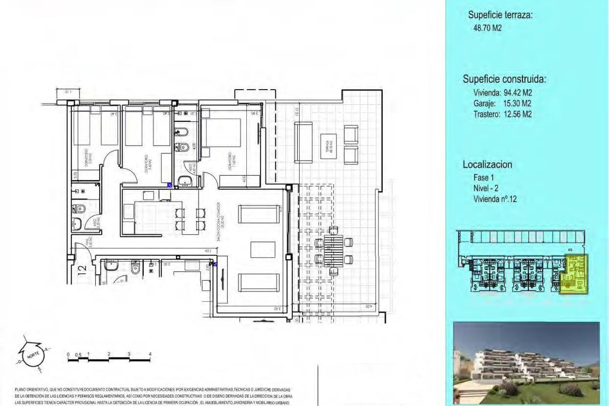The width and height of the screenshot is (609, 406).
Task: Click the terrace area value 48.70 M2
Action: coord(487,28)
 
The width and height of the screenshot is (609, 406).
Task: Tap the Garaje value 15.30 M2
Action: coord(517,103)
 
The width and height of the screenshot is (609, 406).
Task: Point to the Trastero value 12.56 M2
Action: coord(517,114)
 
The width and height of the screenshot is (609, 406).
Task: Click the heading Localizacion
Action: coord(487,165)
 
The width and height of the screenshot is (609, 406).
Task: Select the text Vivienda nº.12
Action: coord(495,199)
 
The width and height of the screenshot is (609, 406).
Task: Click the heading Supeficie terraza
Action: coord(500,15)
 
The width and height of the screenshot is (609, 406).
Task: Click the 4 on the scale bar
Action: coord(150,354)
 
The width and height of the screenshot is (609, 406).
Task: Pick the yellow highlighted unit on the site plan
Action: coord(574,274)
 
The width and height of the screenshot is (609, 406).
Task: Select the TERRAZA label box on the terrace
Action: coord(328,146)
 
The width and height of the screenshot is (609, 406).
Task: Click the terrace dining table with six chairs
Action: coord(333,251)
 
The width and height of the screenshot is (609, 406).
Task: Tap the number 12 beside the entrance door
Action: coord(82,269)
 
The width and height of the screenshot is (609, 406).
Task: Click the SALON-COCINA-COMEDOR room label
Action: coord(220,222)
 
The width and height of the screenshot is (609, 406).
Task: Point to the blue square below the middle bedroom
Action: coord(170,185)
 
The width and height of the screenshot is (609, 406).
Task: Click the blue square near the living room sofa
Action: coord(215,264)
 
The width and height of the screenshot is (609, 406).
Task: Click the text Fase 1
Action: coord(483,178)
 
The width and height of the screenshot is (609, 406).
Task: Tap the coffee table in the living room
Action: coord(263,250)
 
